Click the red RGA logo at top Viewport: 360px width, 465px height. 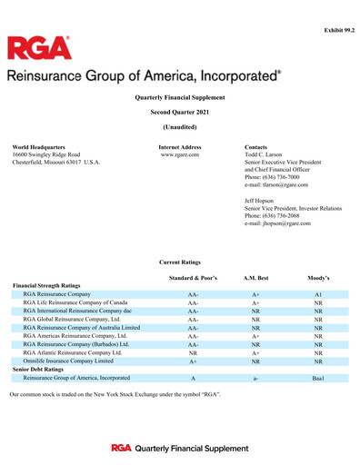40,50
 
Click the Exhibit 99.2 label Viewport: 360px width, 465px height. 338,30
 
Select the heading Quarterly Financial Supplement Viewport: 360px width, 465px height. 179,96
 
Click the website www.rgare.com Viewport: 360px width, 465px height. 180,154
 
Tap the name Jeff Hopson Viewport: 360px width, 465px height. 263,200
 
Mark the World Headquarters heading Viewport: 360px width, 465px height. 38,146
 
